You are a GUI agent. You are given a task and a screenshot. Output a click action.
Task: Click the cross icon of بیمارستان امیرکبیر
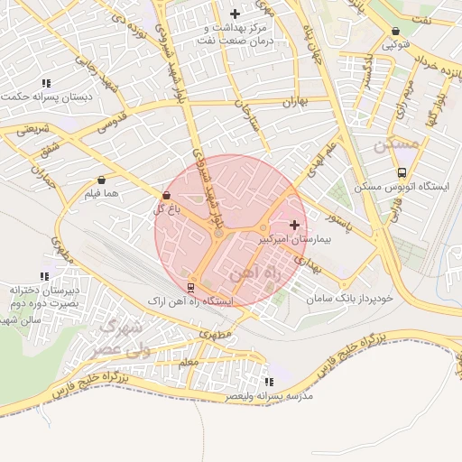[294, 224]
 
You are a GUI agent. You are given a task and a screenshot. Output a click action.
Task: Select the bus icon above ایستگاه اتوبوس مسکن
[402, 172]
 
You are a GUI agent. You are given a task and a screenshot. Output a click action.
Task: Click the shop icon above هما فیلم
[100, 180]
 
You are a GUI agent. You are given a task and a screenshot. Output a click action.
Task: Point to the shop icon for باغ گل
[165, 195]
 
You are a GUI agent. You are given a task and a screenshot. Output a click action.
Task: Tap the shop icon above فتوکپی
[396, 30]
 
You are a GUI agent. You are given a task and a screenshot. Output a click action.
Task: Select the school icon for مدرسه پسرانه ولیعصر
[267, 382]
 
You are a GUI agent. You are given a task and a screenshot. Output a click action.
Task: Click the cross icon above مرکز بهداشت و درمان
[236, 14]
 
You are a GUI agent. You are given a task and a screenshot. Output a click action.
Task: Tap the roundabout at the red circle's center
[218, 235]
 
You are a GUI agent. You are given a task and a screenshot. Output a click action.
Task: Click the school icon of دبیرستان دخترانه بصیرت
[44, 276]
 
